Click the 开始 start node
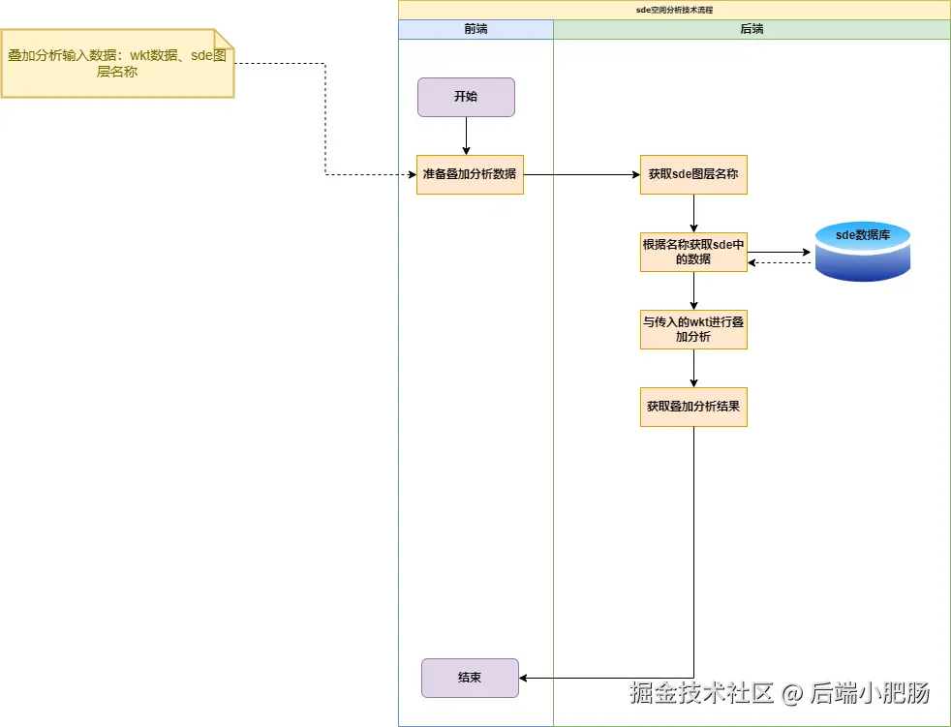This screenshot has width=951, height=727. coord(466,98)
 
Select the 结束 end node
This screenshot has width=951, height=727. coord(470,678)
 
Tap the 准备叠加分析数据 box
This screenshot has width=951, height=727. coord(470,174)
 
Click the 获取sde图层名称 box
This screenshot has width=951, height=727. coord(693,174)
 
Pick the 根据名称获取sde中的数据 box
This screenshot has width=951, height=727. coord(693,252)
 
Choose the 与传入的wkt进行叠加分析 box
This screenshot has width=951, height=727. coord(693,329)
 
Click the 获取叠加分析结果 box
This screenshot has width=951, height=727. coord(693,407)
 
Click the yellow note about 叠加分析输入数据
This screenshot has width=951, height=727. coord(117,64)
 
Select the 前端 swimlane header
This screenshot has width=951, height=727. coord(475,29)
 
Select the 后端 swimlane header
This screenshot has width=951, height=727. coord(752,29)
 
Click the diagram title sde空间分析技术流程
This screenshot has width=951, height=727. coord(674,10)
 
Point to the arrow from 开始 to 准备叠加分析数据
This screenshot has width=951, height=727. coord(466,136)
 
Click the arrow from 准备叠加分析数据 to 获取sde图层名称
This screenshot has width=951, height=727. coord(581,174)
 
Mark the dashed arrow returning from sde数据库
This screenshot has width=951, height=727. coord(780,262)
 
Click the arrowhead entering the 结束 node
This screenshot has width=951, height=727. coord(525,678)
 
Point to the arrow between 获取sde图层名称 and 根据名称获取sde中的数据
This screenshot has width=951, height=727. coord(693,213)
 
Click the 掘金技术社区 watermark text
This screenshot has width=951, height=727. coord(703,693)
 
